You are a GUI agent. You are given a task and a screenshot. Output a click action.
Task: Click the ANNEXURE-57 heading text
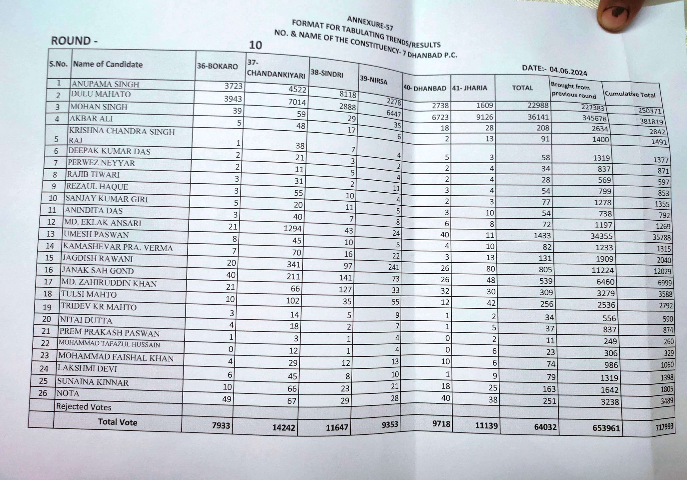click(370, 23)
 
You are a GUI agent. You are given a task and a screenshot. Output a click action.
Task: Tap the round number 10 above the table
click(255, 45)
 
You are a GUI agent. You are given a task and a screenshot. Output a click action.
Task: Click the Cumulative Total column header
click(630, 94)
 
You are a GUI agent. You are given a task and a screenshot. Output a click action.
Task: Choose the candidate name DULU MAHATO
click(101, 94)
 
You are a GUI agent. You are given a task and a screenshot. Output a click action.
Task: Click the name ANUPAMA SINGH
click(105, 84)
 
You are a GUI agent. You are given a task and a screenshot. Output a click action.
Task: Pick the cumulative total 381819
click(651, 121)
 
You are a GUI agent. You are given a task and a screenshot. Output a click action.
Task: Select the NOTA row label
click(68, 393)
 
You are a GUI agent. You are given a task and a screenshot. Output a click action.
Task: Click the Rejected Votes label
click(84, 407)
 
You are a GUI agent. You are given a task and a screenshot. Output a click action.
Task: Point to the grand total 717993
click(664, 427)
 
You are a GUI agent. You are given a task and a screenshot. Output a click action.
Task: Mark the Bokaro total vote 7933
click(221, 425)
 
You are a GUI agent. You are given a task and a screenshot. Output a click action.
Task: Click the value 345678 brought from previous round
click(594, 118)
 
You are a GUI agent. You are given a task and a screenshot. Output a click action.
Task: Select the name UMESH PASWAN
click(96, 234)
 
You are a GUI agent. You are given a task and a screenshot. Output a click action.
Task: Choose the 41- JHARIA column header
click(469, 88)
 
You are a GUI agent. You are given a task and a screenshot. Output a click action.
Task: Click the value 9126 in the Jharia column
click(484, 117)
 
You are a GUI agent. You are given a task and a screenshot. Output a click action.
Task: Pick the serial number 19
click(47, 307)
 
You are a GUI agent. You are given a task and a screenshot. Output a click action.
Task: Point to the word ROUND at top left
click(71, 41)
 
